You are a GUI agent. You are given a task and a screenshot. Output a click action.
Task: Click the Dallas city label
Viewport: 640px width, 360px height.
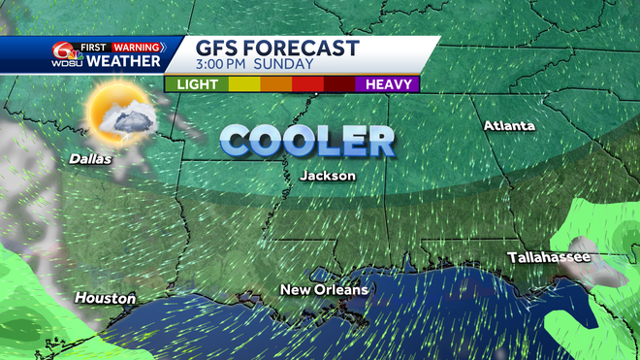tap(90, 158)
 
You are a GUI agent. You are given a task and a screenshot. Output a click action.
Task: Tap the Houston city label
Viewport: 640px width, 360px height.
tap(105, 298)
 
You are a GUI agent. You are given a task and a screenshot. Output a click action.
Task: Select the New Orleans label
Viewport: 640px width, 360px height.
tap(324, 289)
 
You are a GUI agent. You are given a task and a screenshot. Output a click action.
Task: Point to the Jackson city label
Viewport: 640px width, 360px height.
tap(327, 176)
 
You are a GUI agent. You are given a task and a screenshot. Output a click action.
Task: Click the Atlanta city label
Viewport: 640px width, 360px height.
tap(509, 126)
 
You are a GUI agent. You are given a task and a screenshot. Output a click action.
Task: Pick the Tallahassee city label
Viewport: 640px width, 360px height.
tap(548, 257)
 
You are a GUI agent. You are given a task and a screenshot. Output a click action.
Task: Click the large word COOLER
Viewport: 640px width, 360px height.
tap(306, 140)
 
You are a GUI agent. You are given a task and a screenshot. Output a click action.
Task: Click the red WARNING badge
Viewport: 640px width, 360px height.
tap(136, 47)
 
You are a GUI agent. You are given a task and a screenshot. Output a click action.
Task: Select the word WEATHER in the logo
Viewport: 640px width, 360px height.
tap(124, 62)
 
